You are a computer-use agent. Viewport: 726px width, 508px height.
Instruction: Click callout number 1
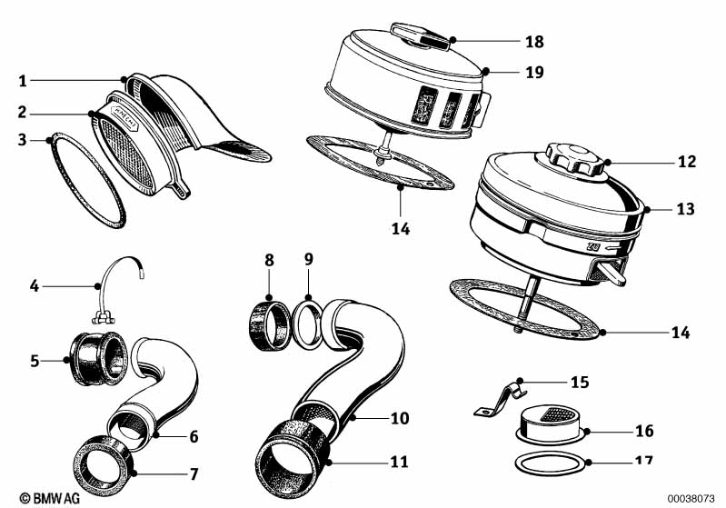pos(24,81)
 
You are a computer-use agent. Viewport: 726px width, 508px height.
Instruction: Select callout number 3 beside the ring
pos(24,140)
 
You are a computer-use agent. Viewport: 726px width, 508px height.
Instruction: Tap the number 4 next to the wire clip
pos(35,286)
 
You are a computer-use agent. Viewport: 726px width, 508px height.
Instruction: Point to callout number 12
pos(685,163)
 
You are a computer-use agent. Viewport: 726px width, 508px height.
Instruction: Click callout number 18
pos(534,41)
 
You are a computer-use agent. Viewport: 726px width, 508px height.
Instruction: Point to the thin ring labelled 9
pos(306,324)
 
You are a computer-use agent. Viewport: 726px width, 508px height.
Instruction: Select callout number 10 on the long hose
pos(400,418)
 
